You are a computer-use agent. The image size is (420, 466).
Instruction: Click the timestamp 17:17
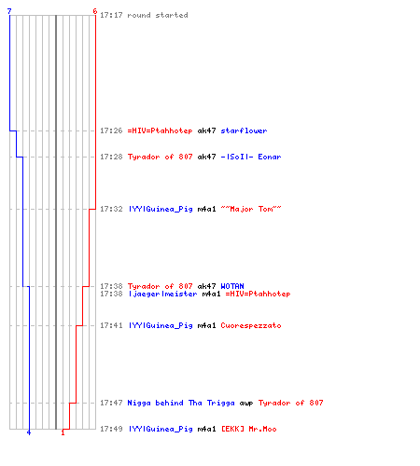click(x=111, y=15)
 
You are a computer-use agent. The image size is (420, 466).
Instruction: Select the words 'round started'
click(x=158, y=15)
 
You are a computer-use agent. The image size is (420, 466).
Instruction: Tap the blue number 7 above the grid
click(x=9, y=11)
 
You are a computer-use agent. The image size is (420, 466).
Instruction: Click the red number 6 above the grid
click(x=95, y=11)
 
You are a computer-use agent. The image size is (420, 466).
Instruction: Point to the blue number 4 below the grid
click(x=29, y=432)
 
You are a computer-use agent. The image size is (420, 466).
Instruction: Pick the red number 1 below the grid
click(x=63, y=432)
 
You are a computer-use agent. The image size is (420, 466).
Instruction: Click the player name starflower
click(x=244, y=130)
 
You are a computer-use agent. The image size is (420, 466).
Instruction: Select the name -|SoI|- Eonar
click(x=251, y=157)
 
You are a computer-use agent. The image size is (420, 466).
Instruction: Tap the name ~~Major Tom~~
click(x=251, y=209)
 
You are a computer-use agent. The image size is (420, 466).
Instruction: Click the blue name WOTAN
click(x=232, y=286)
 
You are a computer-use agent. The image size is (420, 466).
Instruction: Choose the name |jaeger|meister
click(x=162, y=294)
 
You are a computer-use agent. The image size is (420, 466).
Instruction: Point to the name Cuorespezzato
click(x=251, y=325)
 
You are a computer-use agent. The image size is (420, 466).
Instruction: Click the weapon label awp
click(x=246, y=403)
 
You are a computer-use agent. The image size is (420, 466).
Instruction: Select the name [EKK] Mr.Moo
click(x=248, y=429)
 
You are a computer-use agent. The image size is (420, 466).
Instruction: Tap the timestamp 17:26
click(x=111, y=130)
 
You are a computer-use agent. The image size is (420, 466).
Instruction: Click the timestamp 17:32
click(x=111, y=209)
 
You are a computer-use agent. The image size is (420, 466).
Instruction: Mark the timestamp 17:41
click(x=111, y=325)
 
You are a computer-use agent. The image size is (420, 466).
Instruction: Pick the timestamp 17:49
click(x=111, y=429)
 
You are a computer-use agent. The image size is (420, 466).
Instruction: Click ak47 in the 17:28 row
click(x=206, y=157)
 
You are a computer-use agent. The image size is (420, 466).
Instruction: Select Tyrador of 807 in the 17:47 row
click(x=290, y=403)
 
